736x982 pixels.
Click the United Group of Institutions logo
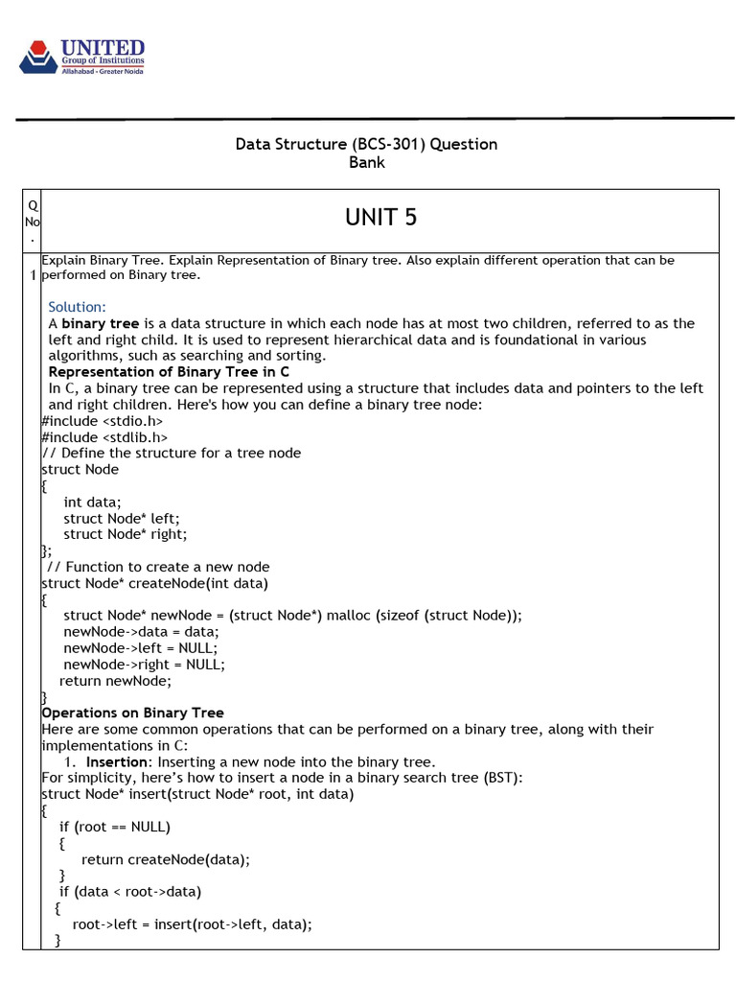81,57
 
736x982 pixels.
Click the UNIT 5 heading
380,218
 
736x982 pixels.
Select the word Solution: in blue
77,307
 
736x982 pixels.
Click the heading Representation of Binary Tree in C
169,372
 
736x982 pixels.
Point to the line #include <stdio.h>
102,421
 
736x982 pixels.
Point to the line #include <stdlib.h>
104,437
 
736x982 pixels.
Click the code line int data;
93,502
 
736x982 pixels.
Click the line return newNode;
115,681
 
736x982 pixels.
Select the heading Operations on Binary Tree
132,713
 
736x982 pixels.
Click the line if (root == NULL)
115,827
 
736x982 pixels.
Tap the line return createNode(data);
166,859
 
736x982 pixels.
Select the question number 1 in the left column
33,276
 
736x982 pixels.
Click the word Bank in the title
366,163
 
